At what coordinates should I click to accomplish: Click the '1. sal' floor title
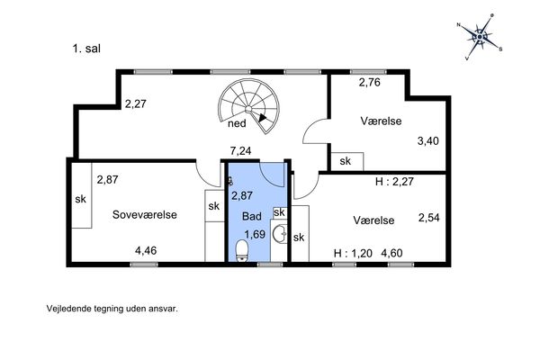(x=86, y=49)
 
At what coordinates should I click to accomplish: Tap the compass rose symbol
(x=480, y=37)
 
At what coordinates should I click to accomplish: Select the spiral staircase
(x=248, y=106)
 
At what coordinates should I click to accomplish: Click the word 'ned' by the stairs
(x=237, y=123)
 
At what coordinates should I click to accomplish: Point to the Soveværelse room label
(x=145, y=214)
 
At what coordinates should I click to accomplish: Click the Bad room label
(x=252, y=216)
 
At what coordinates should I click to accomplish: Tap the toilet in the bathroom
(x=242, y=250)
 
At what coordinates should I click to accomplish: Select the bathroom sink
(x=280, y=234)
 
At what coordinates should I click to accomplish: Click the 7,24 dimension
(x=240, y=151)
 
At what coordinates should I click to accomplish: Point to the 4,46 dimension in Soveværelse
(x=146, y=250)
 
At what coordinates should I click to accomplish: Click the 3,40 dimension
(x=428, y=141)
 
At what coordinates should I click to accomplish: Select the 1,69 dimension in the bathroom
(x=255, y=234)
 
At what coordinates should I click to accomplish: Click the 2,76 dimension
(x=370, y=83)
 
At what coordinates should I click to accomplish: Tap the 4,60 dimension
(x=391, y=254)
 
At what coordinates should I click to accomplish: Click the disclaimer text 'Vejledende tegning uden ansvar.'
(x=112, y=309)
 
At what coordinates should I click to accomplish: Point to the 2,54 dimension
(x=429, y=218)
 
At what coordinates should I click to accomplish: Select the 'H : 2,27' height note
(x=394, y=182)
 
